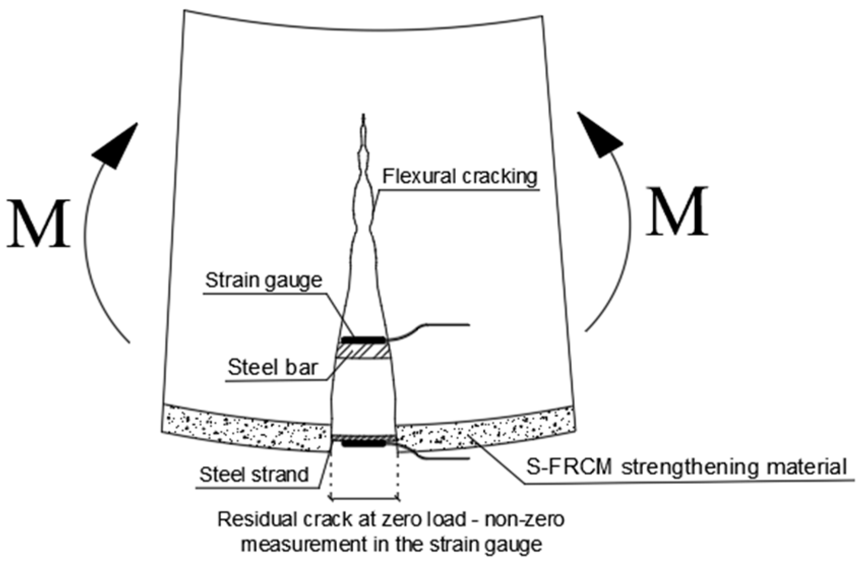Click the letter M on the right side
click(677, 212)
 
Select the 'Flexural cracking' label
click(459, 177)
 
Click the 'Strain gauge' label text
click(263, 280)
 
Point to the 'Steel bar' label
click(272, 367)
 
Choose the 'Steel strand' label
click(254, 474)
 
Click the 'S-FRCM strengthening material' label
click(686, 466)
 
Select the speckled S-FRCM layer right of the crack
click(483, 429)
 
